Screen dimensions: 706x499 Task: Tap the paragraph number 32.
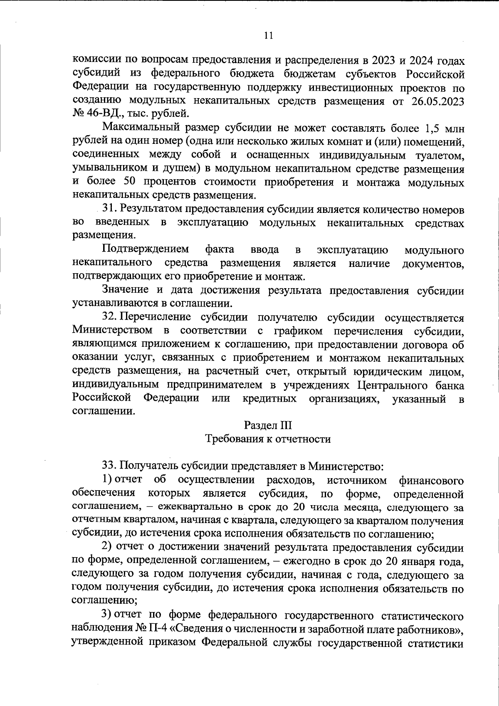pos(110,317)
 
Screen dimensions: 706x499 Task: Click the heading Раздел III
pos(268,425)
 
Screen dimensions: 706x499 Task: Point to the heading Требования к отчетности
pos(268,439)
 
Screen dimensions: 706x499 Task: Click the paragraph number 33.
pos(110,466)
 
